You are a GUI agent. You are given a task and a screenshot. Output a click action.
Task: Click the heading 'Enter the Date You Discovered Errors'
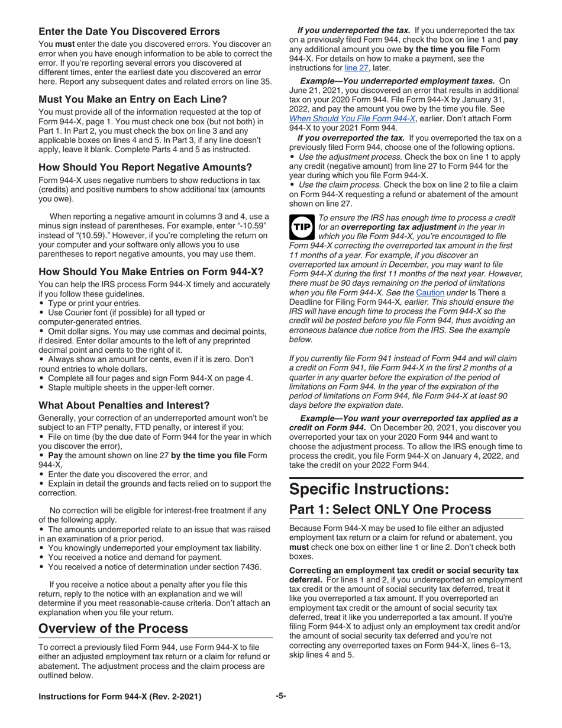click(x=129, y=31)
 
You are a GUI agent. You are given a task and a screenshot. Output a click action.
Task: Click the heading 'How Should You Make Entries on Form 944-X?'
click(x=151, y=272)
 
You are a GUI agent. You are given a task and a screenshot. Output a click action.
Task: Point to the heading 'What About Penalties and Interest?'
click(x=124, y=405)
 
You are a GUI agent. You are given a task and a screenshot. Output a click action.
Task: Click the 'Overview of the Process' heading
click(x=113, y=628)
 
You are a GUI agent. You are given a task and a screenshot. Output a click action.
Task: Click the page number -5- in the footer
click(x=281, y=696)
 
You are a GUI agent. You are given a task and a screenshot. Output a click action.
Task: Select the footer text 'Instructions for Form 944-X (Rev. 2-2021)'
click(x=119, y=697)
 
